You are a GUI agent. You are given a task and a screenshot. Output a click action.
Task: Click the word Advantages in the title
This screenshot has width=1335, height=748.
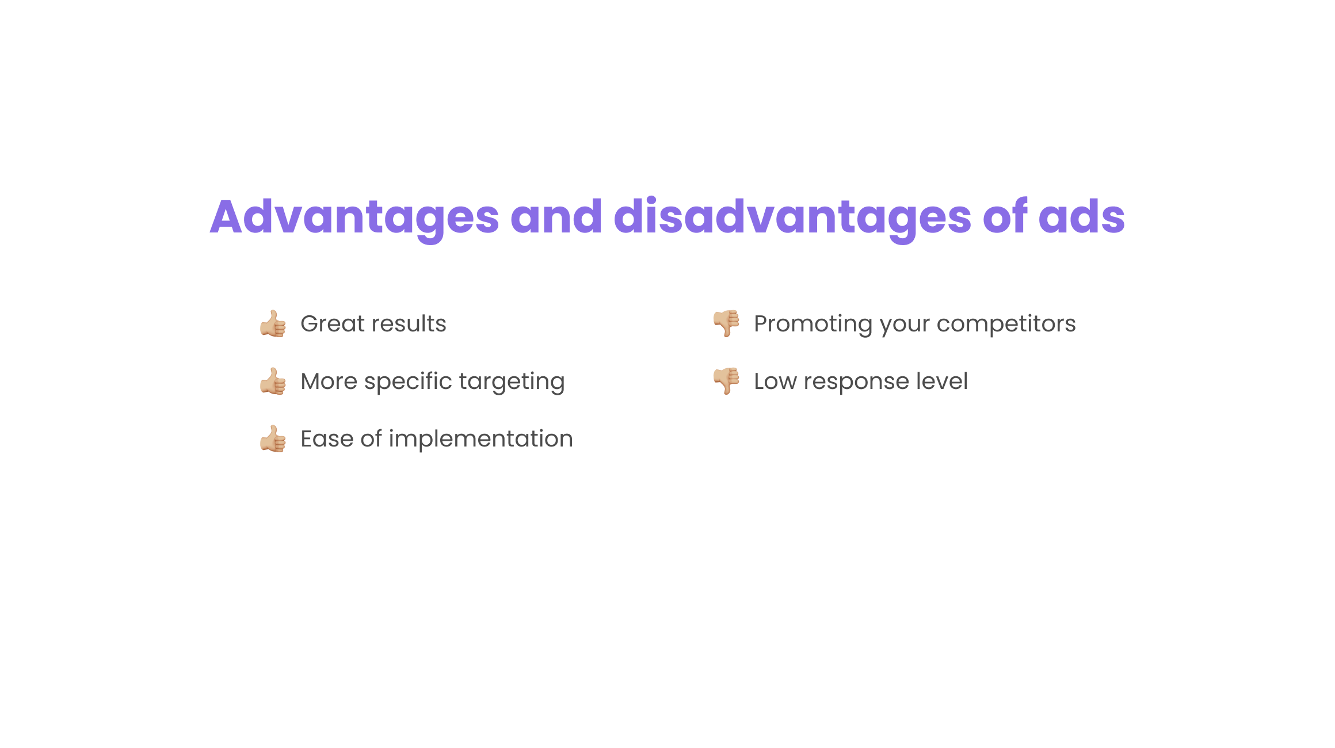coord(354,218)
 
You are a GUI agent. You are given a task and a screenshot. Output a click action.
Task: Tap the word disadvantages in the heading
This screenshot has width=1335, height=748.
coord(793,218)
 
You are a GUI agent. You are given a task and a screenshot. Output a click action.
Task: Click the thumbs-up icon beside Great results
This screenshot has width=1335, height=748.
coord(273,323)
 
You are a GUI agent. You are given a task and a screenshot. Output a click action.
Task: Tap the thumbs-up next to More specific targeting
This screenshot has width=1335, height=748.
coord(273,381)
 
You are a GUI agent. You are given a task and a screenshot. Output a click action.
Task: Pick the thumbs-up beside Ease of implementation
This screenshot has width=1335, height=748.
coord(273,438)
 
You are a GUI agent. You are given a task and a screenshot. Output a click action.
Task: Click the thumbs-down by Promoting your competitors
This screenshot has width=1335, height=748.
coord(726,323)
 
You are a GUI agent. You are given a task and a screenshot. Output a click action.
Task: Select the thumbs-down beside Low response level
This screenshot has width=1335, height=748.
coord(726,381)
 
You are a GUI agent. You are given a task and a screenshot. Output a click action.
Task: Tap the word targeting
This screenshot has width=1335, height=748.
coord(512,382)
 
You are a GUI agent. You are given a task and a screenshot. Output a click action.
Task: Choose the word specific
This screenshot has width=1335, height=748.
coord(408,382)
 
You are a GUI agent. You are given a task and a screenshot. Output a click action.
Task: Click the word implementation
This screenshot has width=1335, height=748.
coord(480,440)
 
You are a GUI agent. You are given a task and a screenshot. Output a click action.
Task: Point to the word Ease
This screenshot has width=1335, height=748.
coord(327,439)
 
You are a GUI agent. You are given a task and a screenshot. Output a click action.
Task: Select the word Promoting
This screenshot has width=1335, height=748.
coord(813,325)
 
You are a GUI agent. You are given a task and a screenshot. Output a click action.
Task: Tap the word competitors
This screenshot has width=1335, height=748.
coord(1006,325)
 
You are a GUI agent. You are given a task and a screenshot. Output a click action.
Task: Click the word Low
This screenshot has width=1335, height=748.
coord(775,381)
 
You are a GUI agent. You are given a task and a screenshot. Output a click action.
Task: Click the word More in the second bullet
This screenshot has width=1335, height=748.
coord(329,381)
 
